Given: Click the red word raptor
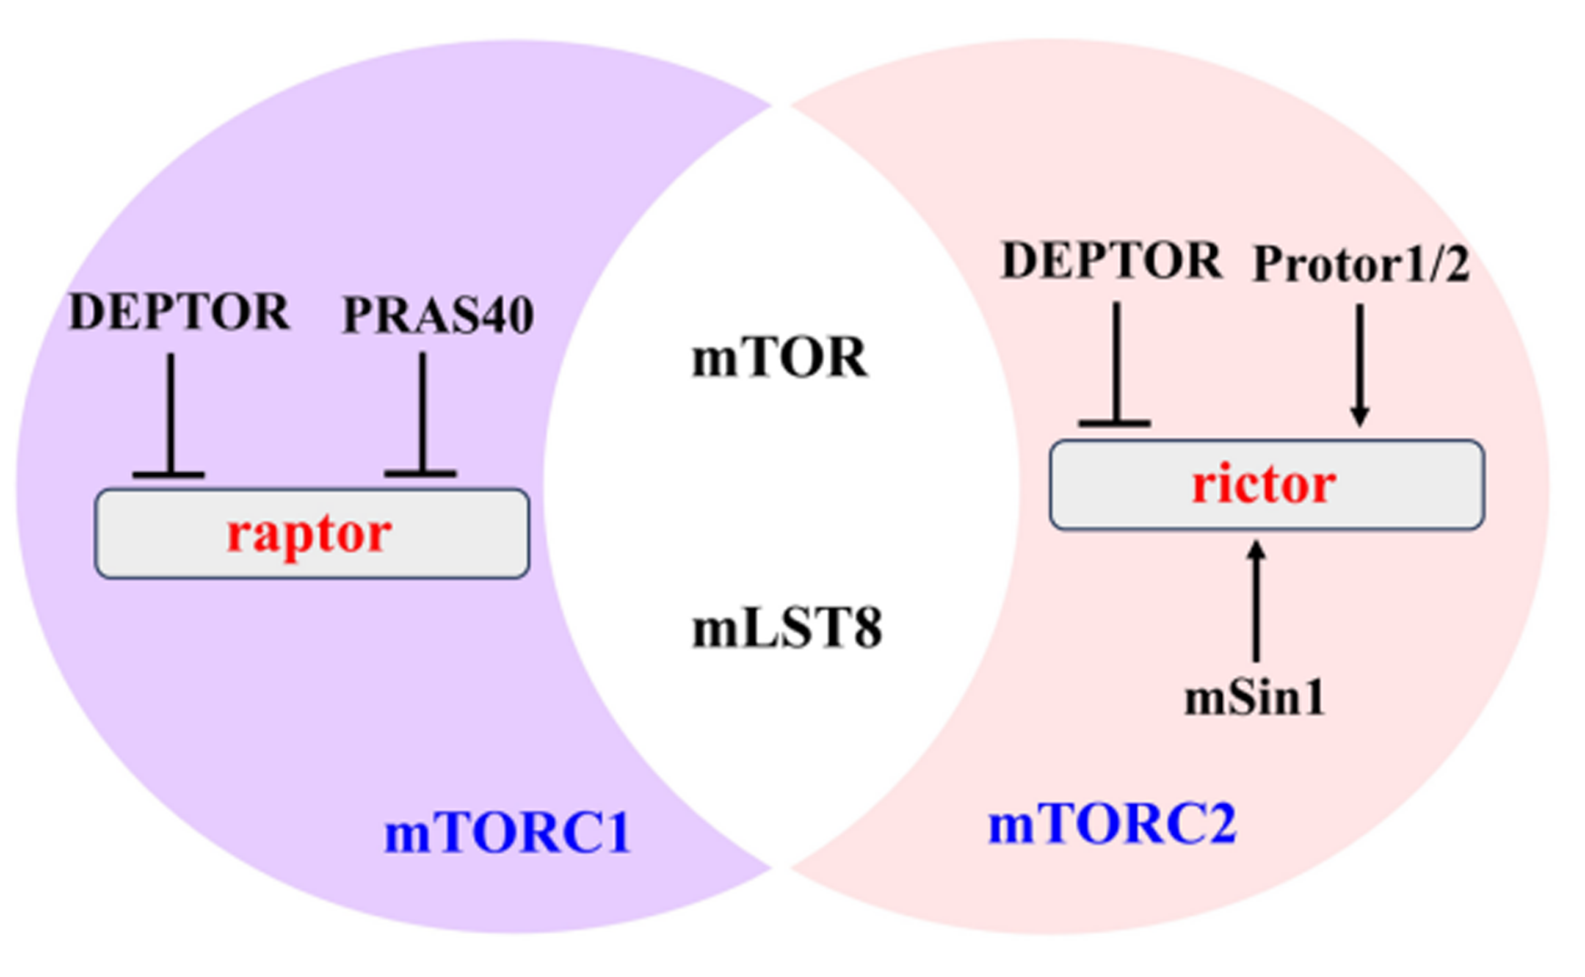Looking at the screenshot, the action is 309,535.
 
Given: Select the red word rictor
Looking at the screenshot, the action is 1263,483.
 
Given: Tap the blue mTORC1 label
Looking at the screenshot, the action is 507,833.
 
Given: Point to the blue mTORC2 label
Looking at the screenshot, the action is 1112,823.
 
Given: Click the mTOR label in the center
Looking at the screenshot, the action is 780,358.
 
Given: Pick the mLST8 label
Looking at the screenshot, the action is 787,629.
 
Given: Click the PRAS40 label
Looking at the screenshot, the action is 438,315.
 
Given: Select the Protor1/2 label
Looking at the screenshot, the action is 1361,264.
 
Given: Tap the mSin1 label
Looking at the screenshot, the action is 1255,698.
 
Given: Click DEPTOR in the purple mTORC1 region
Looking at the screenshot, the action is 179,311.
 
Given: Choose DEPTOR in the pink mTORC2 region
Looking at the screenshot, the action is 1111,260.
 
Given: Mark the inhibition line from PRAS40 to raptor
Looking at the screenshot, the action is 421,413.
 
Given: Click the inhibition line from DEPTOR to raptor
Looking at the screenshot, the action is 170,414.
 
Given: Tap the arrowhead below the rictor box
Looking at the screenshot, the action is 1256,550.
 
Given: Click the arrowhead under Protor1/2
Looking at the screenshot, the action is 1360,416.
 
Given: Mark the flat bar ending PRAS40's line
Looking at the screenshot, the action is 421,473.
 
